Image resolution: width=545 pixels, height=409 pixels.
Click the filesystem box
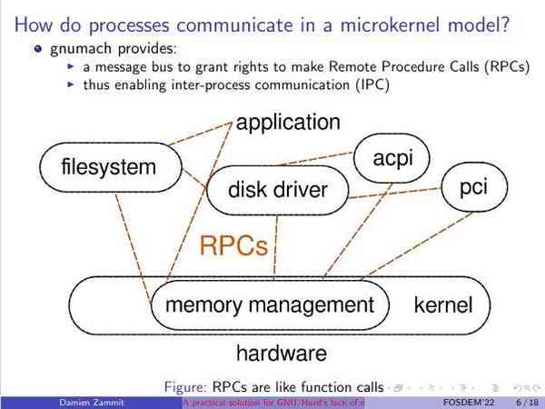(109, 167)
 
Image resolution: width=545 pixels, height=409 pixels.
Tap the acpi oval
(392, 157)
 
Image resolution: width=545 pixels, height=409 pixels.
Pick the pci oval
(473, 187)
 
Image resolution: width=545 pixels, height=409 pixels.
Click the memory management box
(269, 304)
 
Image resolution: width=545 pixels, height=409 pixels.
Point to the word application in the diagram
(288, 122)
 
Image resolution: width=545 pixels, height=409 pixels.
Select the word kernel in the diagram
(443, 304)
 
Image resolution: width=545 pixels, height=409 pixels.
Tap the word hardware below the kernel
(281, 352)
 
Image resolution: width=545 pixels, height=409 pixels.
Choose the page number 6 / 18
(526, 402)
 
